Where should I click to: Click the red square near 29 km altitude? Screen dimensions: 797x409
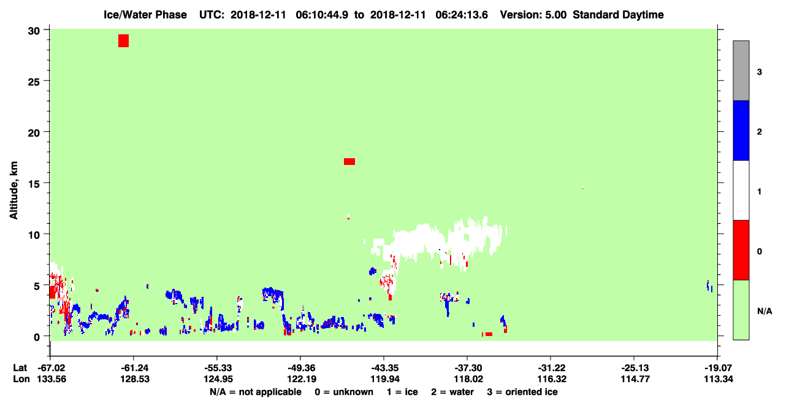123,40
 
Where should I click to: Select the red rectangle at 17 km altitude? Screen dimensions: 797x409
349,162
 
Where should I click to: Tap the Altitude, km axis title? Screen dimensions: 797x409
13,190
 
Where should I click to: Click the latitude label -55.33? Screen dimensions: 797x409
217,368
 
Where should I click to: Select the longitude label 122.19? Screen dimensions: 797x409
302,379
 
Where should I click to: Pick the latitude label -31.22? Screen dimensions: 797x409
552,368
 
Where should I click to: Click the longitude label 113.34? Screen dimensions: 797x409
719,379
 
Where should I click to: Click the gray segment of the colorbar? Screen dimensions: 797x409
741,71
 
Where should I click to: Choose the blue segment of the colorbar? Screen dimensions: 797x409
741,130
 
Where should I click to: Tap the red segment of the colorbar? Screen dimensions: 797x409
741,250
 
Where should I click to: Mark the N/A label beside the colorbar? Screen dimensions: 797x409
765,311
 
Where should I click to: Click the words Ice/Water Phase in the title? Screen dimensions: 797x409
145,15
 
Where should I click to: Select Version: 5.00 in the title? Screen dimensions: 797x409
533,15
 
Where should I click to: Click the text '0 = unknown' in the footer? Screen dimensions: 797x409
344,392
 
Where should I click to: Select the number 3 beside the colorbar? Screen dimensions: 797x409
759,72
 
